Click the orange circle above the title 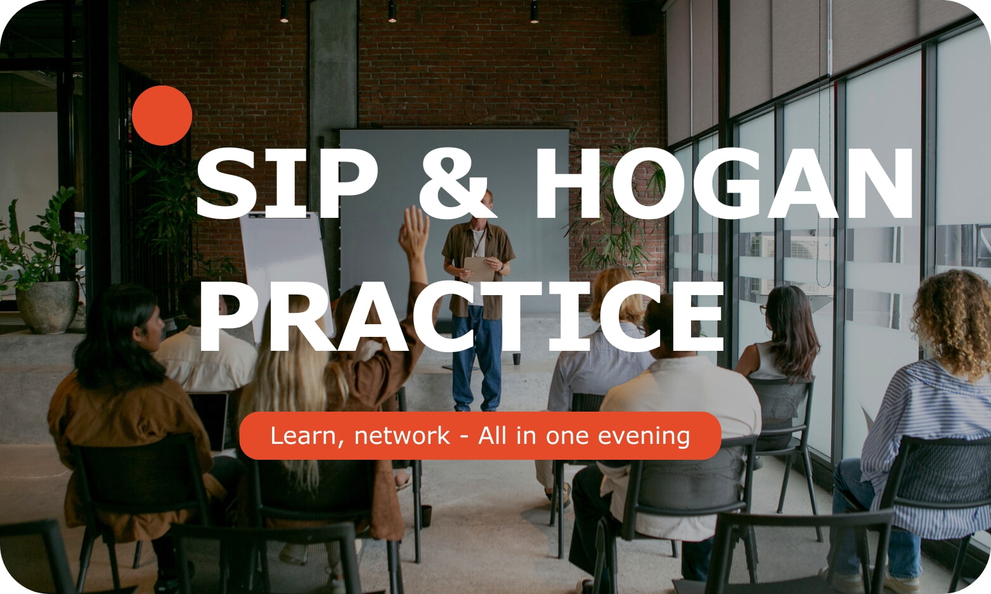162,115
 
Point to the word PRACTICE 461,317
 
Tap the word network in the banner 402,436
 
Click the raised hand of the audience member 413,232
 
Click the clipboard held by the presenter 479,268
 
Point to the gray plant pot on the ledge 48,306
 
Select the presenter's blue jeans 476,361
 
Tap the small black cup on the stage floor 517,358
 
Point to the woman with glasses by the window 782,336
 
